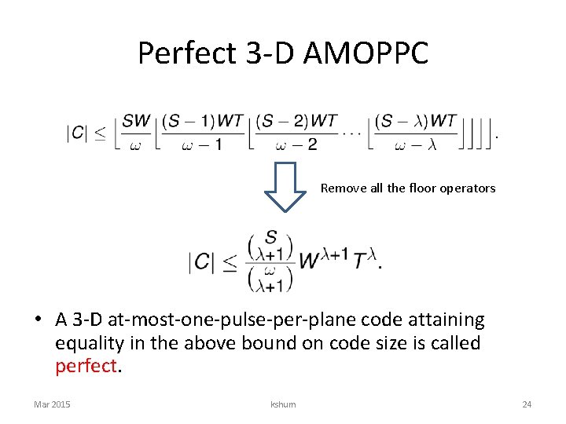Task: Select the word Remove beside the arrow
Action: pyautogui.click(x=340, y=188)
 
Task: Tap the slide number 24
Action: pyautogui.click(x=527, y=404)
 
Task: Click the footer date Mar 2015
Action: pyautogui.click(x=52, y=404)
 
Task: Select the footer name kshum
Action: pyautogui.click(x=283, y=404)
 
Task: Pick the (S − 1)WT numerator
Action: pyautogui.click(x=202, y=121)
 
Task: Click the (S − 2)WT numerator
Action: pyautogui.click(x=296, y=121)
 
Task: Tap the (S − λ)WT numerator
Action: pyautogui.click(x=415, y=121)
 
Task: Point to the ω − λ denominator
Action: pyautogui.click(x=415, y=144)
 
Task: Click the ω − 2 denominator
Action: pyautogui.click(x=296, y=144)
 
